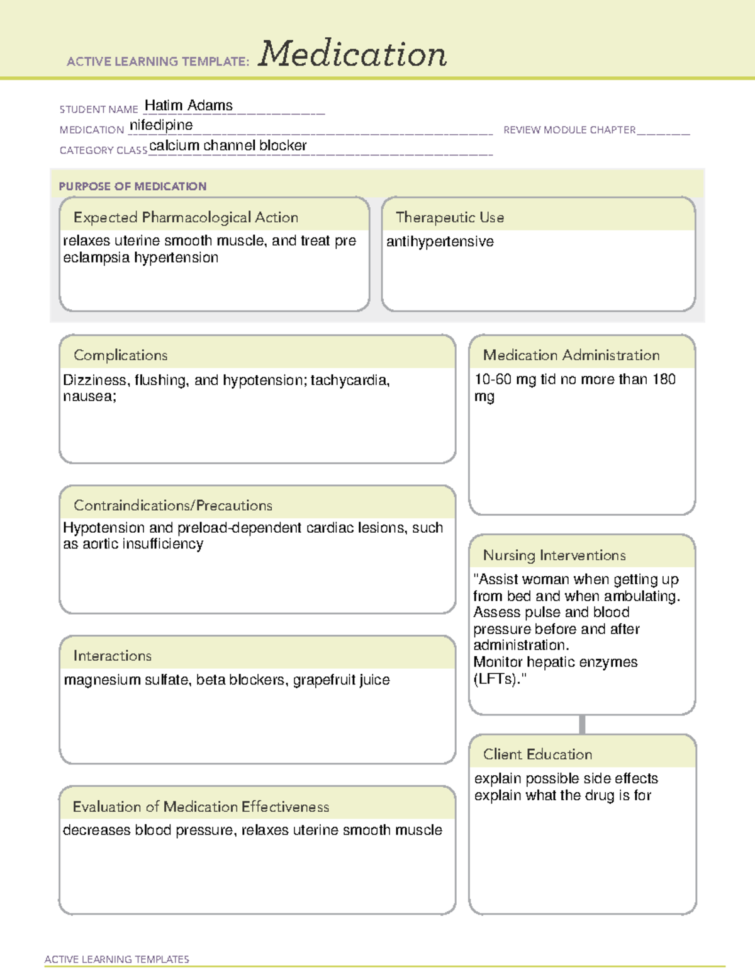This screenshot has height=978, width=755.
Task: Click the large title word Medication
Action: click(352, 54)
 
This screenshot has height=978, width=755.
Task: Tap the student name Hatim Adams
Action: click(189, 105)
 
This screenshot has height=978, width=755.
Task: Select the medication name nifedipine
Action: click(161, 125)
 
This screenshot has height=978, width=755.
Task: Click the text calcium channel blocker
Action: click(228, 145)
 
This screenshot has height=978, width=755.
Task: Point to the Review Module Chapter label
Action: click(569, 130)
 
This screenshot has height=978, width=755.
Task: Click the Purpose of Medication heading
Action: click(133, 186)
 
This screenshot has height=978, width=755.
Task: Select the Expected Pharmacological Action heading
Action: click(186, 217)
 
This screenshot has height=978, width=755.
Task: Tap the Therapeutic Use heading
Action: click(449, 217)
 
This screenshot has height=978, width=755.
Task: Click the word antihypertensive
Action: click(440, 241)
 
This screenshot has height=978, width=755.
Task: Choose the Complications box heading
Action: click(121, 355)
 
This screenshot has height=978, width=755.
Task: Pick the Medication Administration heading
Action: click(571, 355)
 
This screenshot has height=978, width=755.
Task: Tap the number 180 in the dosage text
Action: click(663, 379)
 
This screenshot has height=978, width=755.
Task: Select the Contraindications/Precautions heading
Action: click(173, 505)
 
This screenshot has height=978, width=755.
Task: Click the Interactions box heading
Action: click(113, 656)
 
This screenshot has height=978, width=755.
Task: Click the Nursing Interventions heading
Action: click(554, 555)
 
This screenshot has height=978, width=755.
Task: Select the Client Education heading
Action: click(537, 754)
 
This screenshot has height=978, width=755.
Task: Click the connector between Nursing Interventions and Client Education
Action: click(582, 724)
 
